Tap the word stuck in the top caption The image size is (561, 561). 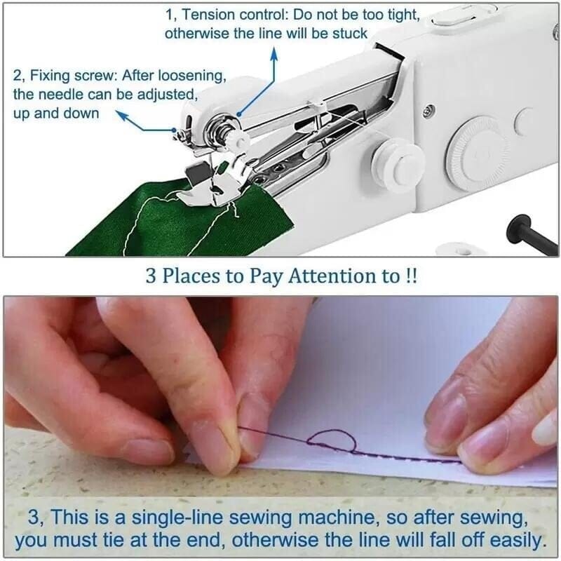tap(351, 33)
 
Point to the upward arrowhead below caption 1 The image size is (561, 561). tap(273, 52)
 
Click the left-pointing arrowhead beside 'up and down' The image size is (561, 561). tap(120, 112)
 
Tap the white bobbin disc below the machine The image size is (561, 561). tap(457, 249)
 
